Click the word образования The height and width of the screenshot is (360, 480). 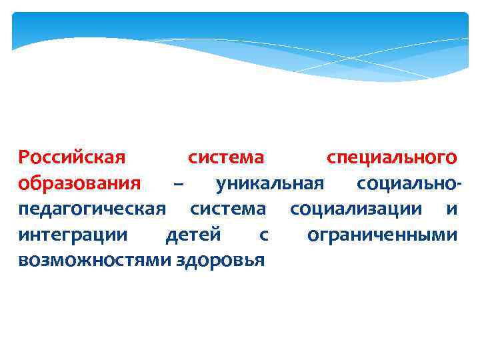pos(79,183)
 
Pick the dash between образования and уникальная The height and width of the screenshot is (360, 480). pos(178,183)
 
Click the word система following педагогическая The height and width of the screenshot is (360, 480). pos(227,209)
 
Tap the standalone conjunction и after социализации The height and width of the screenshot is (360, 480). pos(451,209)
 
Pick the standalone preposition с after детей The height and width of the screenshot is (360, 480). pos(264,235)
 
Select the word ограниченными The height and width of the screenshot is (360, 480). pos(382,235)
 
